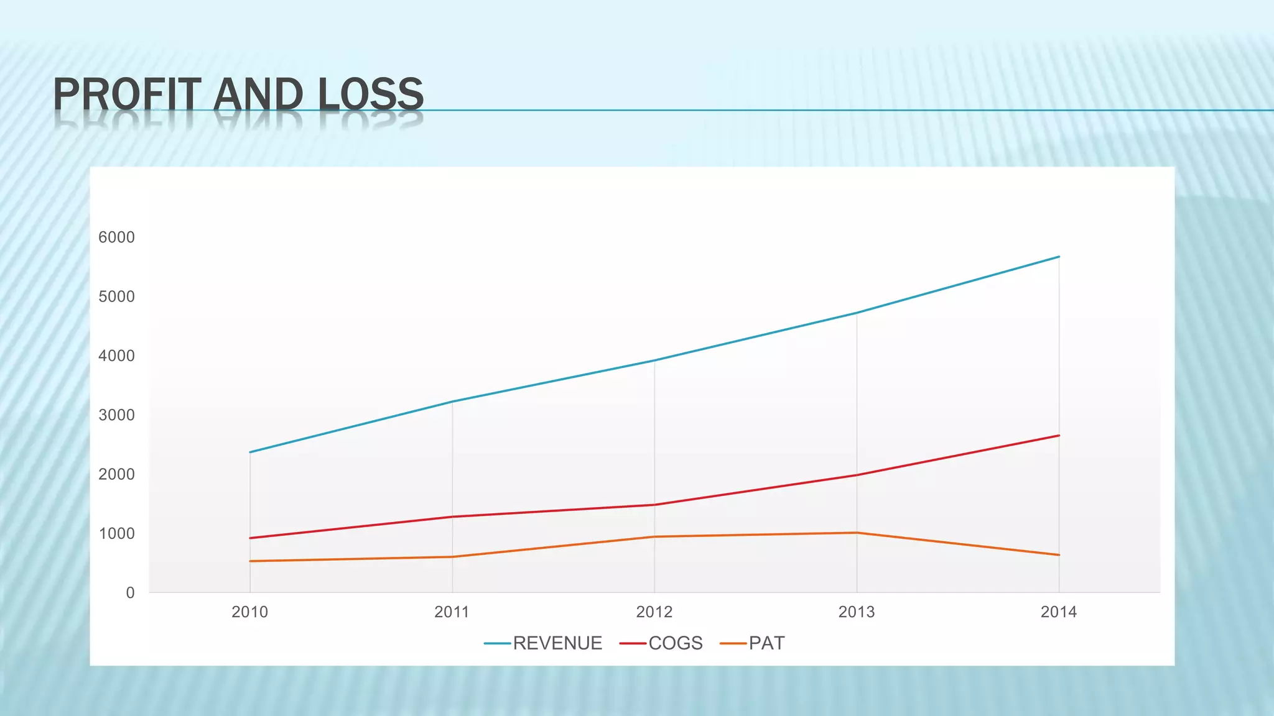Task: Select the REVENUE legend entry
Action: point(557,643)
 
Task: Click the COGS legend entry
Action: point(675,643)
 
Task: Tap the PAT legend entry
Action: point(766,643)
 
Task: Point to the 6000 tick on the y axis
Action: point(116,237)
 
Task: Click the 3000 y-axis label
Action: point(116,415)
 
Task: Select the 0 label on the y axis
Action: point(130,593)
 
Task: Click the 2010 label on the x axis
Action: point(249,612)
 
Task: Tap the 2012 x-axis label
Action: point(654,612)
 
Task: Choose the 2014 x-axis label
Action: point(1059,612)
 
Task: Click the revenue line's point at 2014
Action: point(1059,257)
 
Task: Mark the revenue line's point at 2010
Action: point(250,452)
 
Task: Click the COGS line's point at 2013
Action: point(857,475)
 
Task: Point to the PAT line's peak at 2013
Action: point(857,533)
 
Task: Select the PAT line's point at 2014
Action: point(1059,555)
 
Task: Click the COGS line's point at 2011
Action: point(452,516)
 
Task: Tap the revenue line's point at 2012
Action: point(654,360)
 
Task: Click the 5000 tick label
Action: point(116,296)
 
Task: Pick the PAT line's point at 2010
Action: point(250,561)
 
